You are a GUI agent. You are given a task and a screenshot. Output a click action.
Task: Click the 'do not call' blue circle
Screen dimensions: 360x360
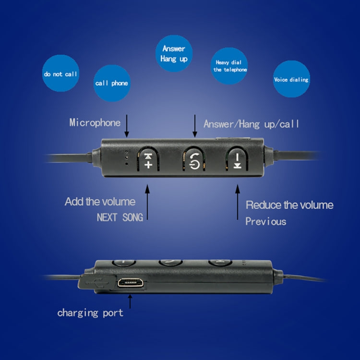(x=60, y=74)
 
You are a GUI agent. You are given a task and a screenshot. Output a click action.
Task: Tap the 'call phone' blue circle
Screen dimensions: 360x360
(x=111, y=83)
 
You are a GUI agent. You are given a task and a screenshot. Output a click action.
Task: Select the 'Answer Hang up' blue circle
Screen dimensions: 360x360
(x=174, y=54)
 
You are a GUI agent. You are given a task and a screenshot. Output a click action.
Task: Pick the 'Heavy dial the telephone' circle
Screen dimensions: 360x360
(x=230, y=66)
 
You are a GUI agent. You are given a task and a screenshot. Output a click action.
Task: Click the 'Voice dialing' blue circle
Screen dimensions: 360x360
(x=291, y=79)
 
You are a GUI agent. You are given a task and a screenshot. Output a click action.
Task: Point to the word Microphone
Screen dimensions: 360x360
(x=95, y=122)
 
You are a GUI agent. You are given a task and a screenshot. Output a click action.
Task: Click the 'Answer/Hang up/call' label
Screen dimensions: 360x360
(x=251, y=124)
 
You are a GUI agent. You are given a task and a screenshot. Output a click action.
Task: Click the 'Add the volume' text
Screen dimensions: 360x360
(x=100, y=202)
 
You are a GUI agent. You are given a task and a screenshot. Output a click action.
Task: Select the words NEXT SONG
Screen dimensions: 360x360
(x=120, y=217)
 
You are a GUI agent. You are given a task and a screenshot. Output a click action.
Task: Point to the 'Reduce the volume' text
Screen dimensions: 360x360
(x=289, y=205)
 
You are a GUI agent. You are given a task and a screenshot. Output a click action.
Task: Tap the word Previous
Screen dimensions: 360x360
(x=265, y=221)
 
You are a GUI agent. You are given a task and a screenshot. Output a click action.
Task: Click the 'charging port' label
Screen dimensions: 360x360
(x=90, y=313)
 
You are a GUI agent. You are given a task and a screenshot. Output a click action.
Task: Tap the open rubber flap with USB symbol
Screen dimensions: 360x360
(x=97, y=282)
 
